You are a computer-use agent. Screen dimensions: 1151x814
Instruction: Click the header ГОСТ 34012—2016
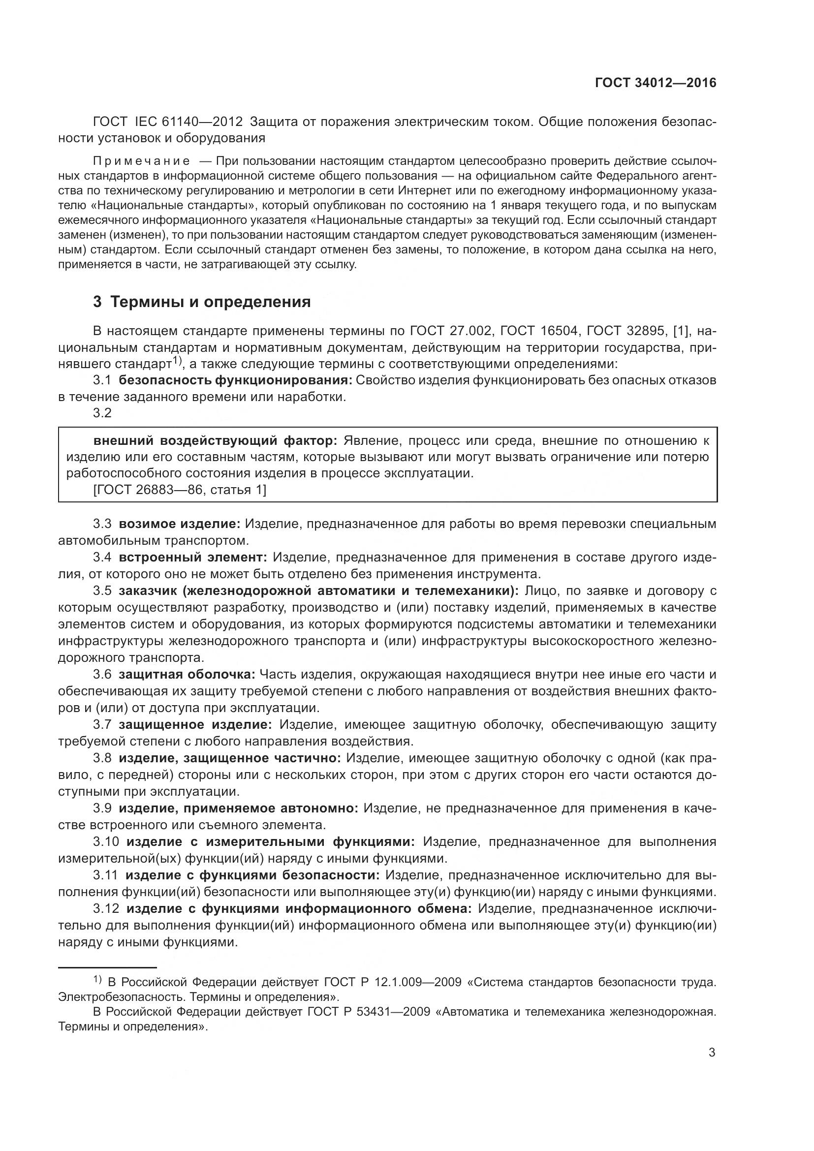656,83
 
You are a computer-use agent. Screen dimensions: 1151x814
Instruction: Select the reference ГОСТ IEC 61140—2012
168,122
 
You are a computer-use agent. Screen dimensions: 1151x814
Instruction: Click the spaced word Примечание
142,161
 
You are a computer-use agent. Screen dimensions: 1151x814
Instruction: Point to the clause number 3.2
102,413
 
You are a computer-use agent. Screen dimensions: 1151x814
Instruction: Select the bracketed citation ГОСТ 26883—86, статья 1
180,489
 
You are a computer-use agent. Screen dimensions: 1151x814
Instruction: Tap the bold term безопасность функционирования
236,380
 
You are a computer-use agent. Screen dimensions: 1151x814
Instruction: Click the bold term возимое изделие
180,524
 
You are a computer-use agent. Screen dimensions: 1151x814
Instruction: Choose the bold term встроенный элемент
193,557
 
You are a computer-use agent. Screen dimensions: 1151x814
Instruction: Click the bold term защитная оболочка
187,674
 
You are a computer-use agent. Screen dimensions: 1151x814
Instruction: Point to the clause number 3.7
102,724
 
